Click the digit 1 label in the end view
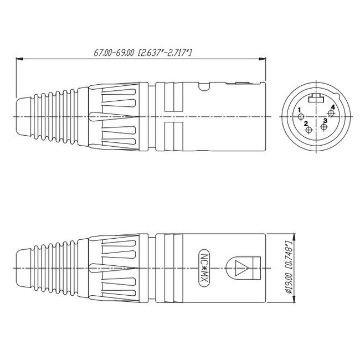tap(299, 110)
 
